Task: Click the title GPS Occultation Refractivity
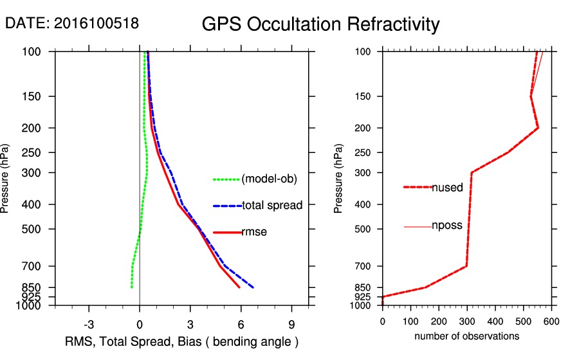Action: coord(320,24)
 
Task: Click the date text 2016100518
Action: coord(96,23)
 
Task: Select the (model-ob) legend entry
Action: coord(270,179)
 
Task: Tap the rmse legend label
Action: coord(253,232)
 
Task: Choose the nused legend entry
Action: coord(447,188)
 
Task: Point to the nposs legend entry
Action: coord(447,226)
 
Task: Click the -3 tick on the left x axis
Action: coord(89,324)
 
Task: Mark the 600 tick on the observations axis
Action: coord(551,321)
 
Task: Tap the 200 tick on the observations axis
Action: coord(439,321)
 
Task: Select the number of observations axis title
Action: coord(466,336)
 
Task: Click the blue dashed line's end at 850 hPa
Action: coord(253,287)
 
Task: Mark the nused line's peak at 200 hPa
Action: coord(538,128)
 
